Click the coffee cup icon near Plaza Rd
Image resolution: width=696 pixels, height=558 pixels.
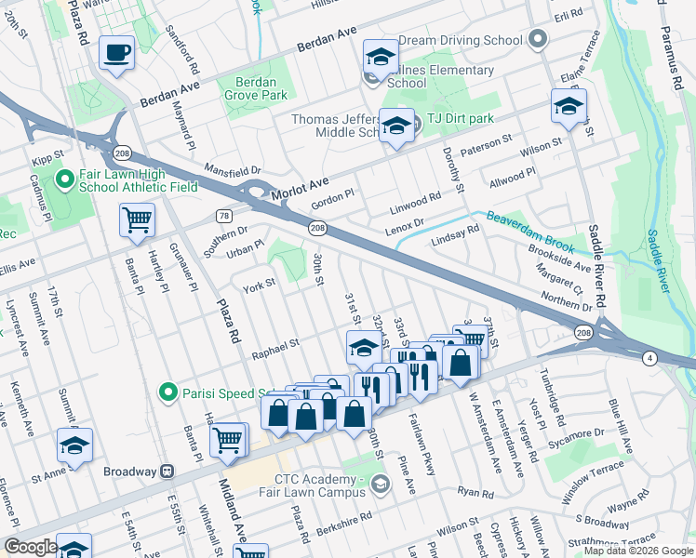117,53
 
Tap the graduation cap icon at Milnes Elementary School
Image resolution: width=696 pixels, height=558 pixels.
380,58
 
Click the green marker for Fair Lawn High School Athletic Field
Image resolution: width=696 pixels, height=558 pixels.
65,178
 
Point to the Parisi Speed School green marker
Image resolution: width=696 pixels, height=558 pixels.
167,392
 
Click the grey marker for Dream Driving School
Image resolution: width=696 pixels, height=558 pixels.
536,40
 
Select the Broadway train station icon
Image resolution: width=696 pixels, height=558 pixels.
167,472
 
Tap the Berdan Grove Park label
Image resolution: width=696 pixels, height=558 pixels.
255,88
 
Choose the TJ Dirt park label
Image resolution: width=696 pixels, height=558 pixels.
461,119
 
